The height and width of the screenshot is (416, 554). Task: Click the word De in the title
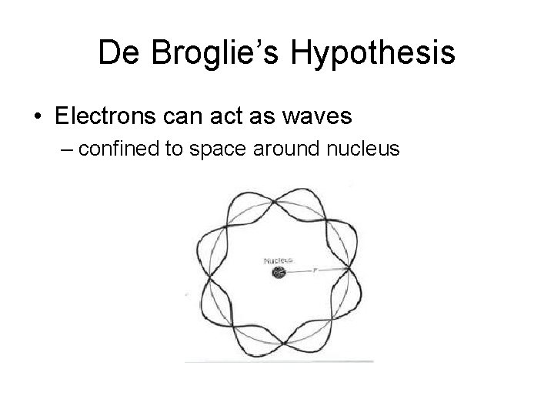[117, 54]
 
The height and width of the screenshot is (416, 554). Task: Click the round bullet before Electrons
[38, 116]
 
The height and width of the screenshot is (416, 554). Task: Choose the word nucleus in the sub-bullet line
[362, 149]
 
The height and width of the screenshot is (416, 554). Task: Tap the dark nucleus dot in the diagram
[279, 272]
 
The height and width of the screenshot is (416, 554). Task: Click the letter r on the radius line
[315, 270]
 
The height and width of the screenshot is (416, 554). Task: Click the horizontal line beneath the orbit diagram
[279, 361]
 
